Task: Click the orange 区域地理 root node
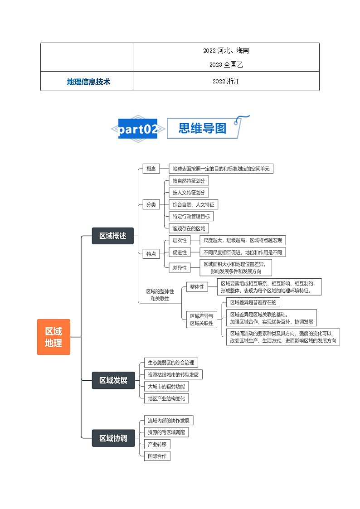[54, 337]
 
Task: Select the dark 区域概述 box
[113, 236]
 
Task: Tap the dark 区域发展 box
[113, 380]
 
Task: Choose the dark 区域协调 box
[113, 438]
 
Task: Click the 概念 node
[151, 169]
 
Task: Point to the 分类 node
[151, 204]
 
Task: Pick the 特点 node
[151, 254]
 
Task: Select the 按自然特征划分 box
[189, 180]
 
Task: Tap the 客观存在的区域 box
[189, 228]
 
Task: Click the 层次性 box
[180, 240]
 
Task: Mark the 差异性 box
[180, 268]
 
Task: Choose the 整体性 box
[197, 287]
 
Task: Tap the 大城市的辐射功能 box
[166, 387]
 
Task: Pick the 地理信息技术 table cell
[88, 82]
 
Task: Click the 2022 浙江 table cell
[226, 82]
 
